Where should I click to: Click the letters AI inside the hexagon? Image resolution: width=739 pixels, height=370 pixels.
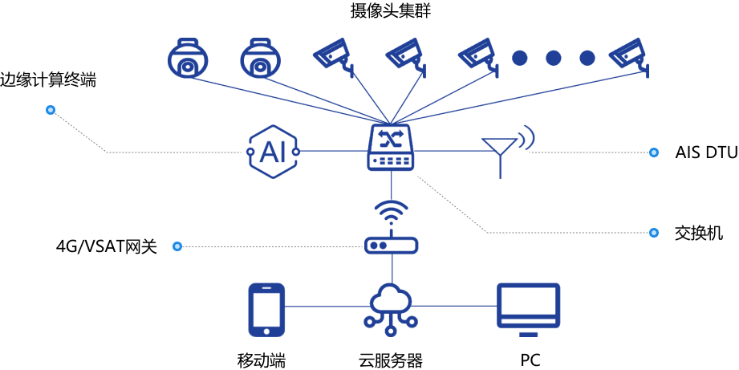(x=273, y=152)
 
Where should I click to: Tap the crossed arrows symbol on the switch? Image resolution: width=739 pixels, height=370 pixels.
(x=391, y=138)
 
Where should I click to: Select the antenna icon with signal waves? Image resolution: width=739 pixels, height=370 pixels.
(x=506, y=149)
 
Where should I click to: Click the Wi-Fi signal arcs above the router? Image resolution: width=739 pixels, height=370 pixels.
(x=391, y=213)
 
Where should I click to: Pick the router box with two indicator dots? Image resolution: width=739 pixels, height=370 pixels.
(x=391, y=245)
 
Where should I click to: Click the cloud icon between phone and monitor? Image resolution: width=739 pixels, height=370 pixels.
(x=391, y=301)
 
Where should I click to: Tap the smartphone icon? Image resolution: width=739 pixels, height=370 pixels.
(x=266, y=309)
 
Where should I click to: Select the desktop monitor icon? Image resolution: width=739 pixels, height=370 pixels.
(x=528, y=304)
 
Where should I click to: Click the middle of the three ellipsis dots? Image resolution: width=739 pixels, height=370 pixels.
(x=553, y=58)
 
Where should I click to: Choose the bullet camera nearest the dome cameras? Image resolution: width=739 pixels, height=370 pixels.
(x=331, y=54)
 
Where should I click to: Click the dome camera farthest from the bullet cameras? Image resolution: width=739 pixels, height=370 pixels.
(x=188, y=58)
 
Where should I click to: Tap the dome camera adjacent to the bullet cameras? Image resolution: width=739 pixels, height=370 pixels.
(x=260, y=58)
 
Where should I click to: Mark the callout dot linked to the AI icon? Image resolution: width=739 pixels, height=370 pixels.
(x=50, y=110)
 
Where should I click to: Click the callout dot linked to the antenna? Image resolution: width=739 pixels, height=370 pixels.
(x=653, y=152)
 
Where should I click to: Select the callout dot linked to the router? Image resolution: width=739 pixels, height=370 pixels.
(x=177, y=246)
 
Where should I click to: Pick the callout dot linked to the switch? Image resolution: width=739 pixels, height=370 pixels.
(x=653, y=233)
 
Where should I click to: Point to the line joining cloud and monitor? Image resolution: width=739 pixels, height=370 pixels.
(x=454, y=306)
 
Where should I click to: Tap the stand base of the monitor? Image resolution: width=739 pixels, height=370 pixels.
(x=528, y=333)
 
